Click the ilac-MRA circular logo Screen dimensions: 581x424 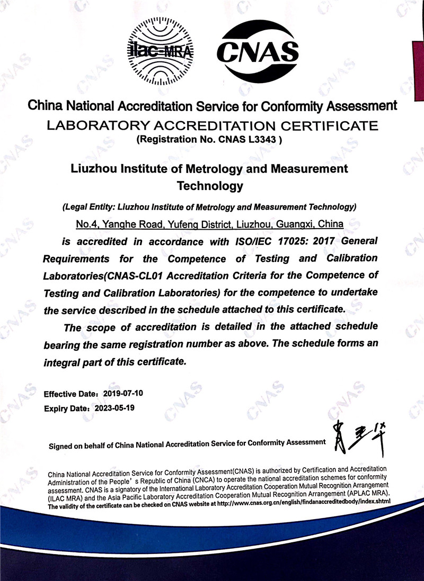tap(161, 51)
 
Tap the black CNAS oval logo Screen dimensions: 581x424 tap(258, 51)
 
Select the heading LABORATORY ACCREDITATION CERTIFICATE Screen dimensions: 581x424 tap(212, 126)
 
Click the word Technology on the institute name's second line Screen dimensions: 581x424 tap(210, 186)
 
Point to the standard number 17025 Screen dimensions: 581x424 tap(290, 241)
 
